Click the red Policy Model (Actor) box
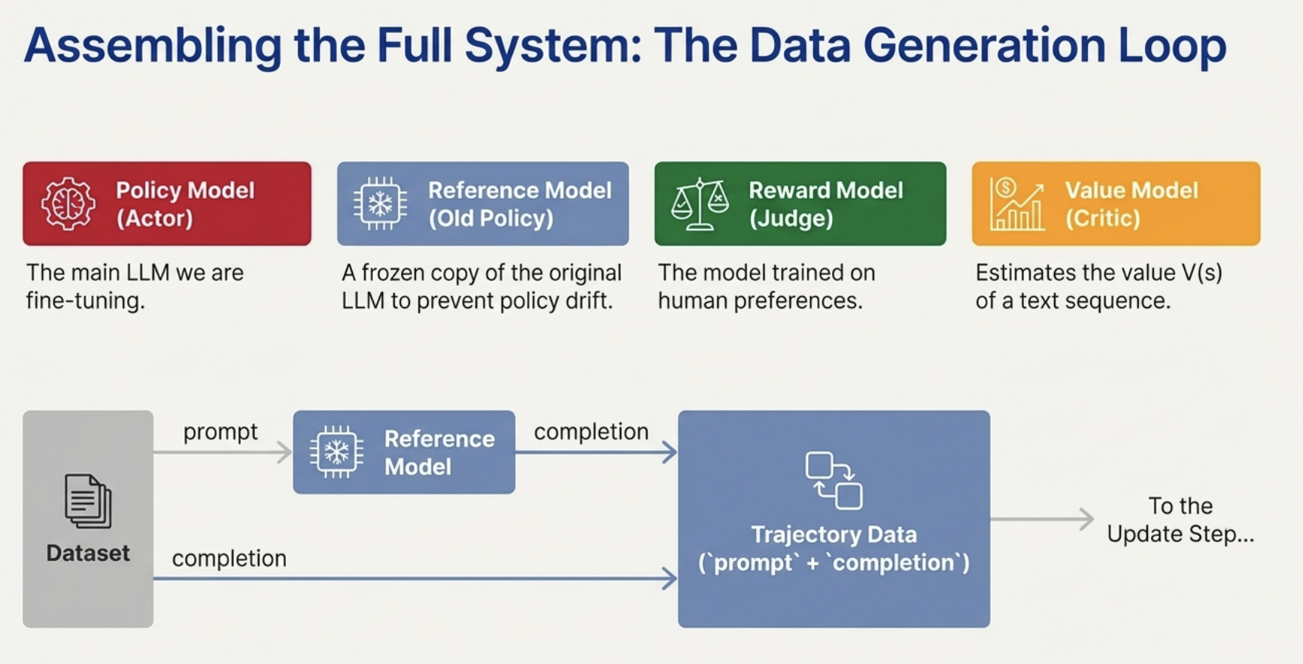coord(166,203)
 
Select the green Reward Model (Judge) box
coord(800,203)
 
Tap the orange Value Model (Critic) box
coord(1116,203)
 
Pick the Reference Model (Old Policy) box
coord(482,203)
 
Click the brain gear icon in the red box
coord(68,203)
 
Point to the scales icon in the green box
coord(700,203)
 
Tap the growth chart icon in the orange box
coord(1016,203)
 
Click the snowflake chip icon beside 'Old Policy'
coord(380,203)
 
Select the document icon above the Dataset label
coord(88,501)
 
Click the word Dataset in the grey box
coord(88,553)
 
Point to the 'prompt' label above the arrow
coord(220,431)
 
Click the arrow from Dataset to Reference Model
coord(222,452)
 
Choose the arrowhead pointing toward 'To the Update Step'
coord(1086,519)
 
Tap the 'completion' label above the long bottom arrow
coord(229,559)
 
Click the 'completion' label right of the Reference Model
coord(591,431)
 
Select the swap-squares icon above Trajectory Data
coord(834,480)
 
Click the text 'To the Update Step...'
coord(1180,519)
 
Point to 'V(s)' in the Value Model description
coord(1202,273)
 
